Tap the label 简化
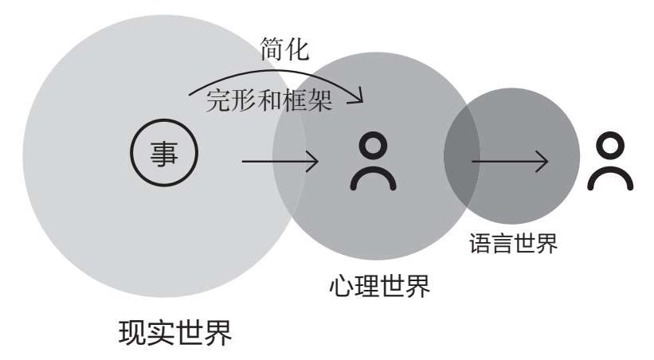pos(284,50)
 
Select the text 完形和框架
pos(268,100)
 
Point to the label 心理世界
pos(379,285)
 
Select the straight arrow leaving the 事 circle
pos(280,162)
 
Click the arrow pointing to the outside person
pos(510,162)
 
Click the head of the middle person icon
pos(373,146)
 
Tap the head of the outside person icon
pos(610,146)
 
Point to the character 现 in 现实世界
pos(133,331)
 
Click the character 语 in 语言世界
pos(480,242)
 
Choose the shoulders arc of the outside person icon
pos(610,178)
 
